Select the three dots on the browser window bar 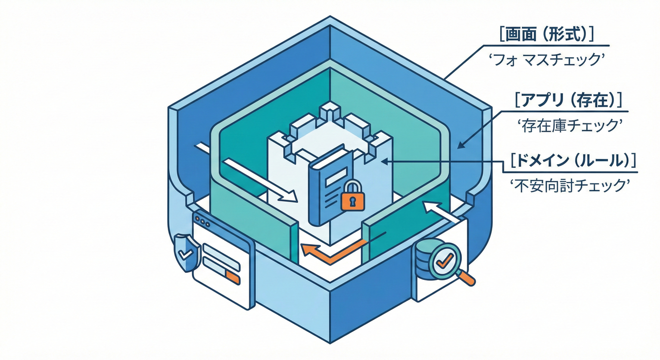tap(202, 220)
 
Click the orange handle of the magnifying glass tap(466, 278)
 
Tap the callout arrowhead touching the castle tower tap(384, 161)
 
